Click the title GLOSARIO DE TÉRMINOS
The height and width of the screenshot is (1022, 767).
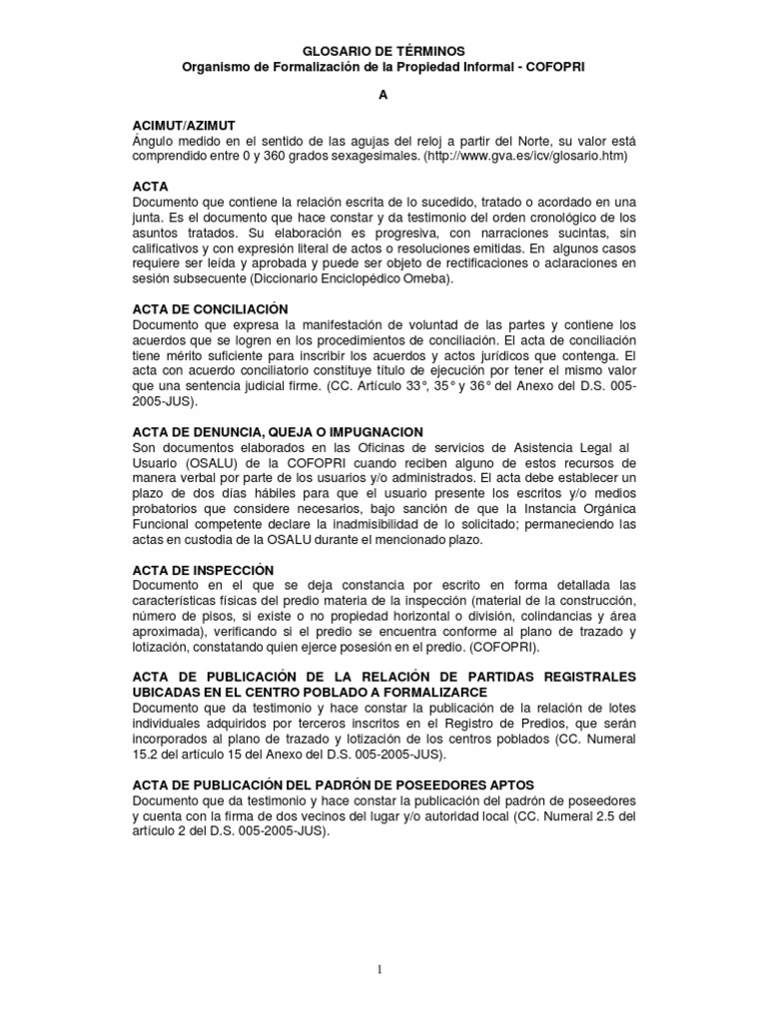[x=383, y=50]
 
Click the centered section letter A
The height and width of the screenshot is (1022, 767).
[x=382, y=96]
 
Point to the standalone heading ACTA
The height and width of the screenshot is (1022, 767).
[x=150, y=187]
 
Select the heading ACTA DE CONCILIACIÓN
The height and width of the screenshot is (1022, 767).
[x=210, y=309]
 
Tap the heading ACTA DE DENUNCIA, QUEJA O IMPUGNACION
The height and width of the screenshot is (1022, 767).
[x=278, y=432]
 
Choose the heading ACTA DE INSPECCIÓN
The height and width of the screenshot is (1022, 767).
[x=203, y=570]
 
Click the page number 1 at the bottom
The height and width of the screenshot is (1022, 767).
[x=383, y=967]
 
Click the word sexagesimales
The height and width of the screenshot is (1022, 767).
[x=369, y=157]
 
